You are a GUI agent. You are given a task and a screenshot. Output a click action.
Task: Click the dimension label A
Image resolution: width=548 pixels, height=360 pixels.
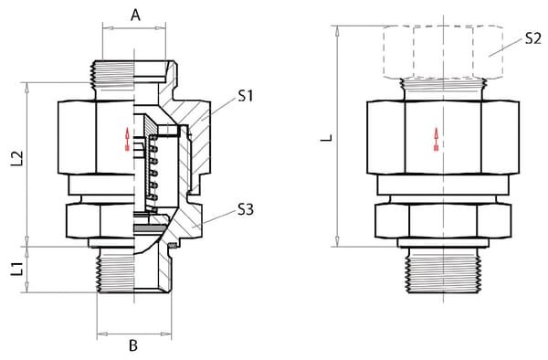point(135,15)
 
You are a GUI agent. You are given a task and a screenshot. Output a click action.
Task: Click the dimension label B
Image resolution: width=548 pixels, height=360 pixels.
point(133,345)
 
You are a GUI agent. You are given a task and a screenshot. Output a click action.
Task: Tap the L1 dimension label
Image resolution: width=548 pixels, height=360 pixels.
point(16,270)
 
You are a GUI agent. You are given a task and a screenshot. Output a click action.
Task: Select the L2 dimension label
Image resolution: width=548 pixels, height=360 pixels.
point(16,158)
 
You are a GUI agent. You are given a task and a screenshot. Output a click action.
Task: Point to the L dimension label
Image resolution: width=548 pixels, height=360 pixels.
point(327,138)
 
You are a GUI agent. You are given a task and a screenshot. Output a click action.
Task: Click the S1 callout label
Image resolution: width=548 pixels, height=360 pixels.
point(245,95)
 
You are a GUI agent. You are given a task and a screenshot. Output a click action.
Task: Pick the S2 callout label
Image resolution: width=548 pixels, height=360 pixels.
point(533,38)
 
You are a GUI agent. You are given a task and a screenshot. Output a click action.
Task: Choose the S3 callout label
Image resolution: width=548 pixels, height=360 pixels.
point(246,209)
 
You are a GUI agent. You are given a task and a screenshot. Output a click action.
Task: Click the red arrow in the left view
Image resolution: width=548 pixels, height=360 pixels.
point(127,139)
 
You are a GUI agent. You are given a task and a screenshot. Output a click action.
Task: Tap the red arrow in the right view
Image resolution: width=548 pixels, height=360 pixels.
point(437,139)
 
